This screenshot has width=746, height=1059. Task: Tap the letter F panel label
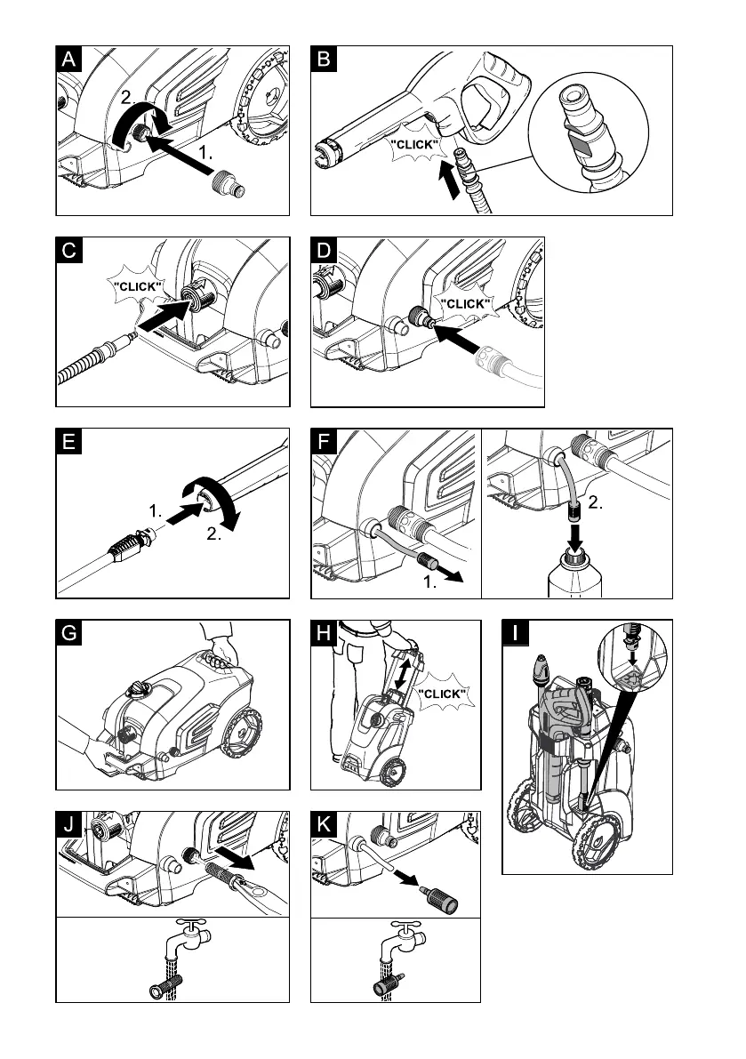(325, 442)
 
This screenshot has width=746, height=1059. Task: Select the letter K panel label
(325, 824)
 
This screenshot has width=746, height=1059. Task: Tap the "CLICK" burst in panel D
(465, 303)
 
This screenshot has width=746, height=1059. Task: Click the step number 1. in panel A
(207, 153)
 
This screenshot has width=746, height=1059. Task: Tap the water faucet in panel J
(180, 937)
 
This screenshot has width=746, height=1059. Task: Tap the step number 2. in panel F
(596, 502)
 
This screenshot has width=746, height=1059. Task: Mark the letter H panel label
(325, 633)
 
